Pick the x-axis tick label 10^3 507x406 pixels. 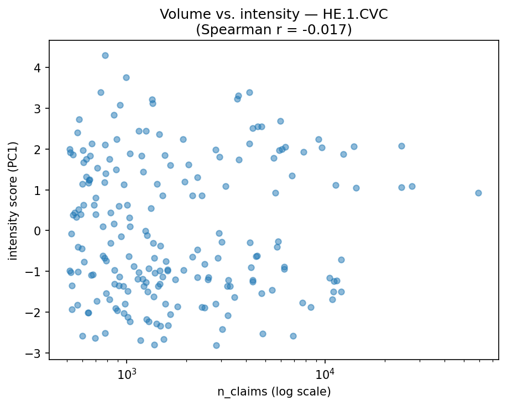(127, 373)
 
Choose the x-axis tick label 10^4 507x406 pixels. (325, 373)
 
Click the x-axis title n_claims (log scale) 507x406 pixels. (274, 392)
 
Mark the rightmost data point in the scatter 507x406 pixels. (478, 193)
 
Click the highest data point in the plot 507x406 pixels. (105, 55)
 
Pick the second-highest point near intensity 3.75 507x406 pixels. (126, 77)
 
